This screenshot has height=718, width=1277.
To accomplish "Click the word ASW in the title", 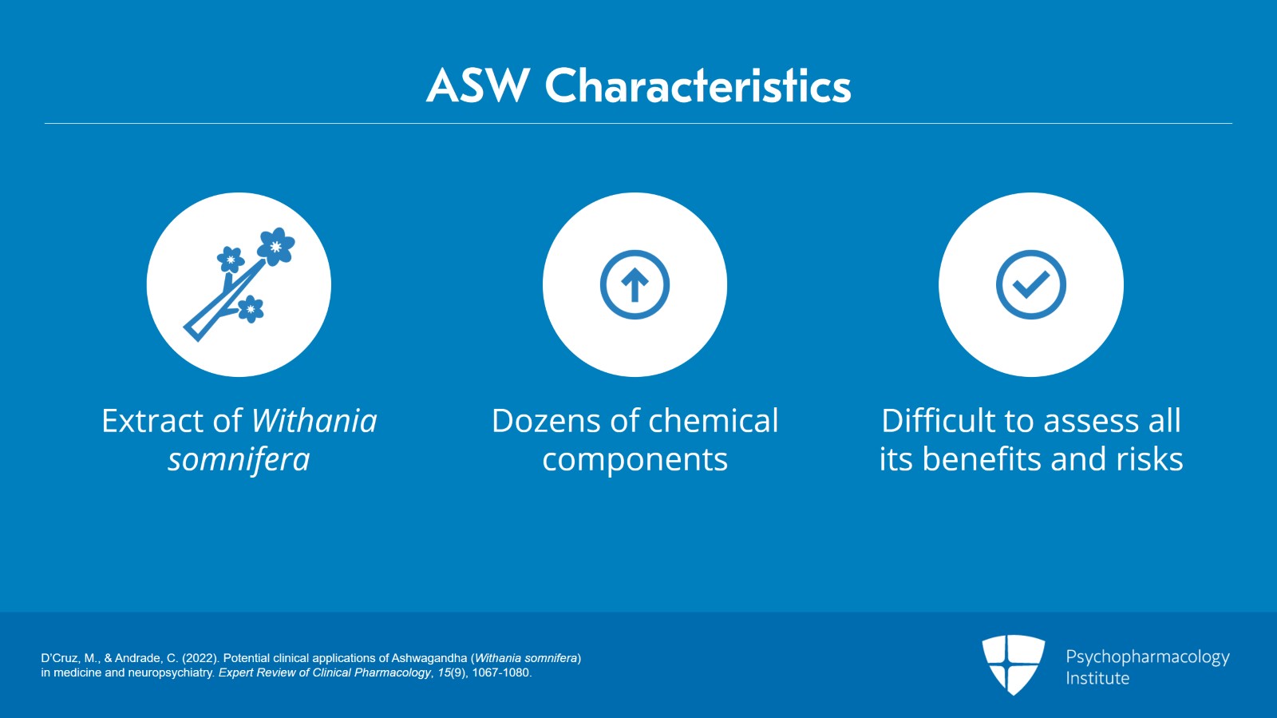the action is pos(477,85).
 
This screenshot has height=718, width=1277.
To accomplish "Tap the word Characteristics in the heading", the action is pos(698,85).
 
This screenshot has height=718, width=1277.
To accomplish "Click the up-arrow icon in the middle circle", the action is pos(635,284).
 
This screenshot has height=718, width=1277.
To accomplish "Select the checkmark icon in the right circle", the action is pos(1030,284).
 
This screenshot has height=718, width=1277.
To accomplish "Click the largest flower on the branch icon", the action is pos(276,246).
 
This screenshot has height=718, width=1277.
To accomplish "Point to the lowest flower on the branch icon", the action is pos(251,309).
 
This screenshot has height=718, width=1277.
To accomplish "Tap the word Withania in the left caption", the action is pos(314,421).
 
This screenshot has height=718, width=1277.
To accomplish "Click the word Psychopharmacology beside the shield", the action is pos(1148,657).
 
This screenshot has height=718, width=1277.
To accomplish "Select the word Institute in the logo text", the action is pos(1097,678).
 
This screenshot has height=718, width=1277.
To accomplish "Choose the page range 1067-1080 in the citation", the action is pos(502,672).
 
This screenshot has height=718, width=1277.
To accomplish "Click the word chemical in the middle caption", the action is pos(714,421).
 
